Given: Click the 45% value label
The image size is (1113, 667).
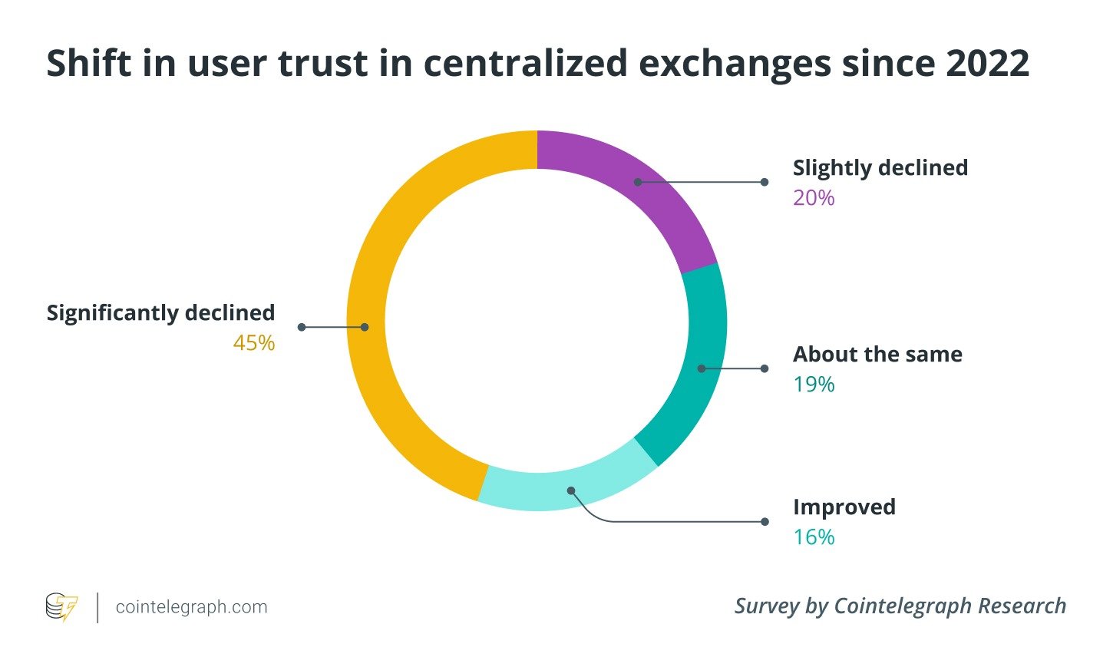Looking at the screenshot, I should pyautogui.click(x=254, y=343).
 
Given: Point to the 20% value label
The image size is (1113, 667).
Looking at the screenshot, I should pyautogui.click(x=814, y=198).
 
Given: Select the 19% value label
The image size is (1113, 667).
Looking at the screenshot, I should pyautogui.click(x=814, y=385).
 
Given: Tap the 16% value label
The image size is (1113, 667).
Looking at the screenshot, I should pyautogui.click(x=814, y=537).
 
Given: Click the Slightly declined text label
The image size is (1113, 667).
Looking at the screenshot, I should pyautogui.click(x=880, y=167).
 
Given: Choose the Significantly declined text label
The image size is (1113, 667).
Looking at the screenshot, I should pyautogui.click(x=160, y=312).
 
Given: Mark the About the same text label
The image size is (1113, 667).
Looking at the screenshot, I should pyautogui.click(x=877, y=354).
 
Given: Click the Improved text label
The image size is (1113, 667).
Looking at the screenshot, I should pyautogui.click(x=844, y=507).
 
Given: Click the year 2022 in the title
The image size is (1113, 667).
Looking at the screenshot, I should pyautogui.click(x=987, y=63).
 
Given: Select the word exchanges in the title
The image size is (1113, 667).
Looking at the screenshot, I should pyautogui.click(x=735, y=63).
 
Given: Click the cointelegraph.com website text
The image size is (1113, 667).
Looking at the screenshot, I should pyautogui.click(x=192, y=607).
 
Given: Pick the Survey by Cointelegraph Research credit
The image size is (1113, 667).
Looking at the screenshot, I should pyautogui.click(x=900, y=606).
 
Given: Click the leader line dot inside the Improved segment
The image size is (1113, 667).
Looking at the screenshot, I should pyautogui.click(x=571, y=490).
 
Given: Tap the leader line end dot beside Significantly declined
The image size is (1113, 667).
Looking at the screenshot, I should pyautogui.click(x=302, y=327).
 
